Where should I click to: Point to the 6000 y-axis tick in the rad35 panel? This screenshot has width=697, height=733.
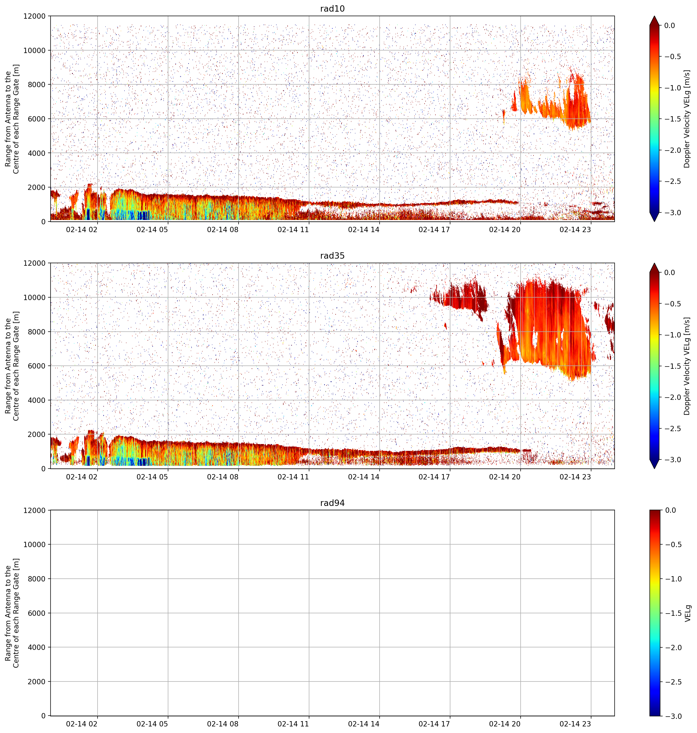pyautogui.click(x=37, y=366)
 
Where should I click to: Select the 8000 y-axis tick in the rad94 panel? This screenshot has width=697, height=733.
pyautogui.click(x=37, y=578)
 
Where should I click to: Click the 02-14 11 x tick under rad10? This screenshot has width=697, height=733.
pyautogui.click(x=293, y=230)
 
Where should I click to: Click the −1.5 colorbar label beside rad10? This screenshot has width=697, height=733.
pyautogui.click(x=672, y=119)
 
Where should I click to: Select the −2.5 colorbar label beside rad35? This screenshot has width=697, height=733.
pyautogui.click(x=672, y=429)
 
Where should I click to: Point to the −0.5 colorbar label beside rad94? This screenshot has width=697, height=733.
pyautogui.click(x=672, y=544)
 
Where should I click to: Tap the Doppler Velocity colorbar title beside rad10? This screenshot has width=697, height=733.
pyautogui.click(x=687, y=119)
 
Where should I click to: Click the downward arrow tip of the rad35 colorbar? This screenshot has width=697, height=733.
pyautogui.click(x=654, y=469)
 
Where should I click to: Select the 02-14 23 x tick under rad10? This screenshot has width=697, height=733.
pyautogui.click(x=575, y=230)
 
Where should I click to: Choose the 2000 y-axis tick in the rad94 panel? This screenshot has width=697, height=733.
pyautogui.click(x=37, y=681)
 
